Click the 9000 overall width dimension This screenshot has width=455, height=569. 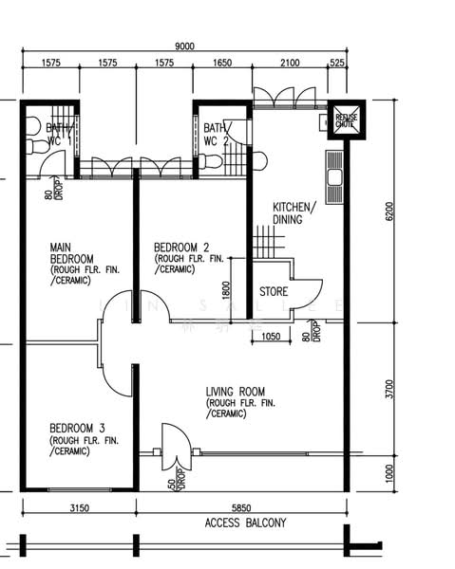coord(184,45)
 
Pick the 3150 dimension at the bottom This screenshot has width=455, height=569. coord(79,508)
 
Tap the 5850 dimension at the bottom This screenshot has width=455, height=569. coord(241,508)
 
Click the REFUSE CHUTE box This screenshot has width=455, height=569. coord(344,119)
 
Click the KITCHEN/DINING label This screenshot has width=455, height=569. coord(288,213)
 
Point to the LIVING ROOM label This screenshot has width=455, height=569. coord(236,392)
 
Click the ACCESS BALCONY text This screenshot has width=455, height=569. coord(245,523)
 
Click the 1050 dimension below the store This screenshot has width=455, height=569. coord(272,335)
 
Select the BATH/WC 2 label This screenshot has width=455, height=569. coord(215,134)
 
